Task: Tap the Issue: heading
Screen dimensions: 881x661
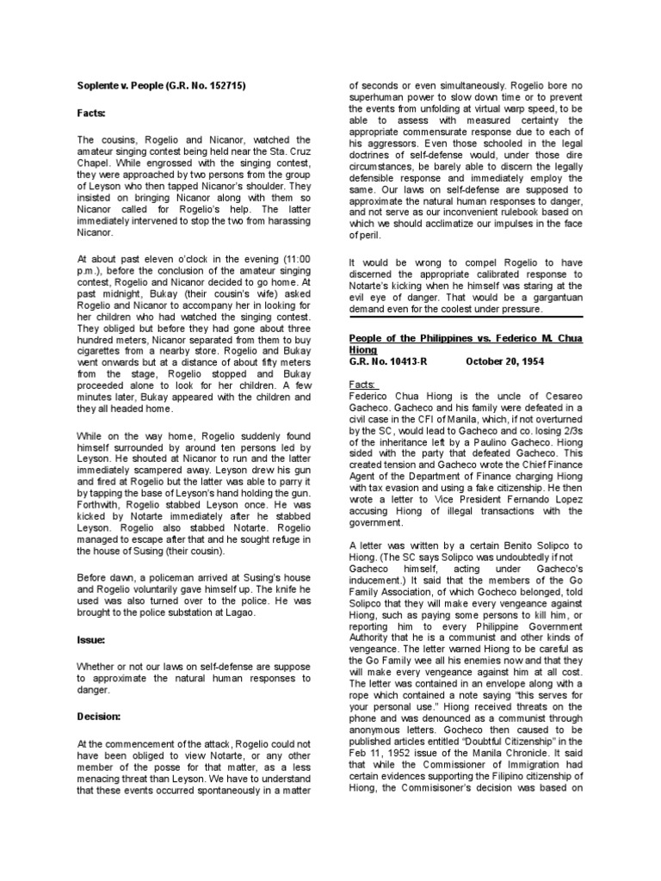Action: pos(92,617)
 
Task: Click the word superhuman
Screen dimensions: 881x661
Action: pos(379,100)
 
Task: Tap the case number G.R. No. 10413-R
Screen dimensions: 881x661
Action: pos(386,361)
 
